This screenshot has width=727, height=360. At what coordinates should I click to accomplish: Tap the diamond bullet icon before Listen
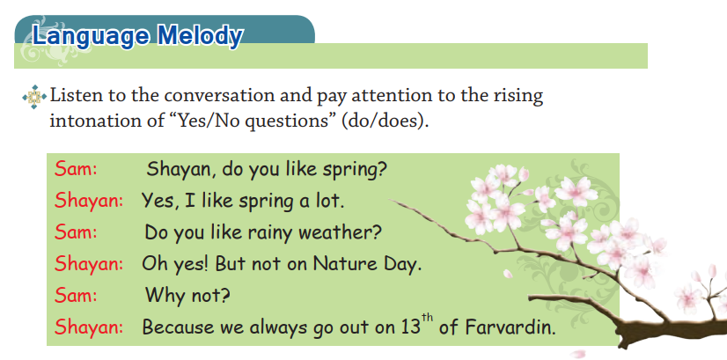click(x=34, y=97)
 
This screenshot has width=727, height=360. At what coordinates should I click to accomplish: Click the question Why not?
click(x=187, y=295)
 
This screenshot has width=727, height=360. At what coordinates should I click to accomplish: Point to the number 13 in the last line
click(x=411, y=327)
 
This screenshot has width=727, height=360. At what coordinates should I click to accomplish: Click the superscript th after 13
click(x=428, y=320)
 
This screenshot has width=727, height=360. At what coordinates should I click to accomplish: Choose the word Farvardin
click(x=510, y=327)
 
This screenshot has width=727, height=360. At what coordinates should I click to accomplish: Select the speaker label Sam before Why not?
click(x=76, y=295)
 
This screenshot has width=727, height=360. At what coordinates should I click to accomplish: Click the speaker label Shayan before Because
click(x=89, y=327)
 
